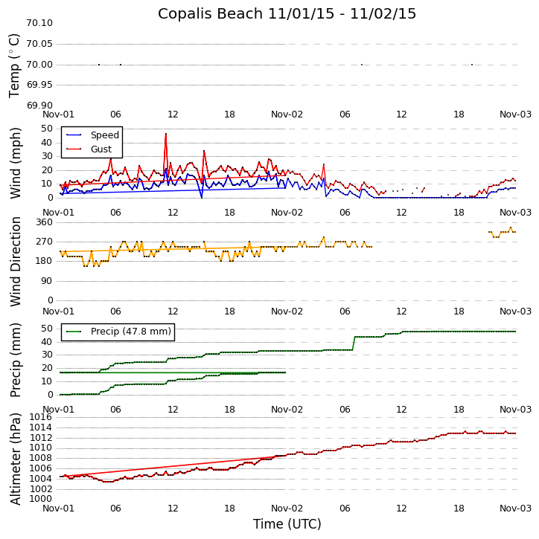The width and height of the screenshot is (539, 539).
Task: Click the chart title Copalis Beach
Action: [x=287, y=14]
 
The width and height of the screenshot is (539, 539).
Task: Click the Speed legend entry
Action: [x=104, y=135]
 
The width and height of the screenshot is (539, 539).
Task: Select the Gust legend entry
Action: [x=101, y=149]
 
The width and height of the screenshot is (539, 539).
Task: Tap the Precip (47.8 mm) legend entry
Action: [x=130, y=332]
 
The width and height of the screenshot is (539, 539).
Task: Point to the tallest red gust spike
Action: [x=166, y=134]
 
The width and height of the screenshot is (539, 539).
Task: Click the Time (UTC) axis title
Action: [x=287, y=524]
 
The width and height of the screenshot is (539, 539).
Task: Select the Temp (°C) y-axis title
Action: [x=15, y=65]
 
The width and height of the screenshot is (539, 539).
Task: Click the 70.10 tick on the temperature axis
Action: [x=39, y=23]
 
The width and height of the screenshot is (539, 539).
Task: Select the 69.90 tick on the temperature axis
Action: [x=39, y=106]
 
